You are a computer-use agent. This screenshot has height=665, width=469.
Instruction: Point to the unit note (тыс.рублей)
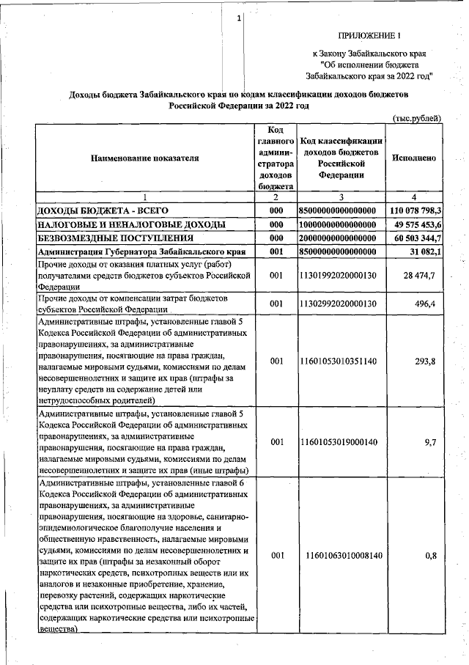tap(416, 118)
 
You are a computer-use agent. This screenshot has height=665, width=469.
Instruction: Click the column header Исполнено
tap(415, 158)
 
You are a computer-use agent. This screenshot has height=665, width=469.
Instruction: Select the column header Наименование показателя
tap(144, 158)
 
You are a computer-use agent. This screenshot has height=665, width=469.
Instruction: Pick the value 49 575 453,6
tap(415, 224)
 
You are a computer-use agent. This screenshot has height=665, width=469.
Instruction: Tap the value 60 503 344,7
tap(415, 238)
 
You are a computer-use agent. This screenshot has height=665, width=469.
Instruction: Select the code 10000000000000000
tap(341, 224)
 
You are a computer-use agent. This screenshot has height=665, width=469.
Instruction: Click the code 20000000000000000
tap(341, 238)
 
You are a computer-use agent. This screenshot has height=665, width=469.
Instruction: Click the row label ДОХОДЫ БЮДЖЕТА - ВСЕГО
tap(97, 211)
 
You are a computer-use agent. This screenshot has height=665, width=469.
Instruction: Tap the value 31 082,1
tap(421, 252)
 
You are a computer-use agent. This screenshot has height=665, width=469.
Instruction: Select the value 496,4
tap(426, 304)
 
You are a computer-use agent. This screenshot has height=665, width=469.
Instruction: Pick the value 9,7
tap(430, 443)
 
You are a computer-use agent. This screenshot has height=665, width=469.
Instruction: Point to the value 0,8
tap(431, 556)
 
